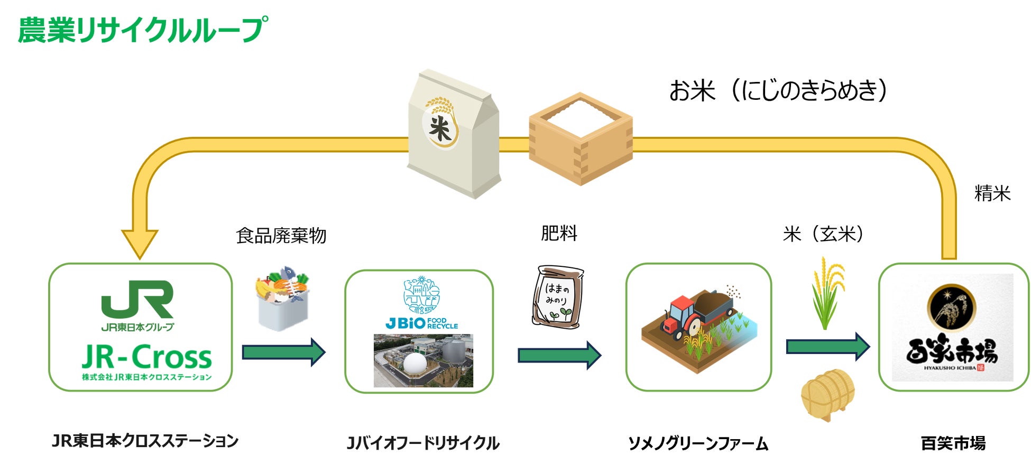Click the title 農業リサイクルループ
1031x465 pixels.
143,30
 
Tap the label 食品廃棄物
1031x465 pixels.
281,236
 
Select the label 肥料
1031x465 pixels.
559,233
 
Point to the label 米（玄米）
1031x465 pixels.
823,234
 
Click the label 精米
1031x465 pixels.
992,193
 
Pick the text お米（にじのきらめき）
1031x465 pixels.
778,90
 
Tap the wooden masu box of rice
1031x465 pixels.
581,138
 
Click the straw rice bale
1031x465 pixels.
827,394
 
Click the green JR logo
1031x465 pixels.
137,300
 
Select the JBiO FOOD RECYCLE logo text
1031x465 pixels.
422,323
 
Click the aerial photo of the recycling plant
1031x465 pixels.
423,360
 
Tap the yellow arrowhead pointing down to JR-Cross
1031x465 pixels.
140,243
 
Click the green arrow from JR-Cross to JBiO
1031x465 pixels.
283,352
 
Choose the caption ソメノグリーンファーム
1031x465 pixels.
698,443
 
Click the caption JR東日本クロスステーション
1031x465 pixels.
145,441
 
